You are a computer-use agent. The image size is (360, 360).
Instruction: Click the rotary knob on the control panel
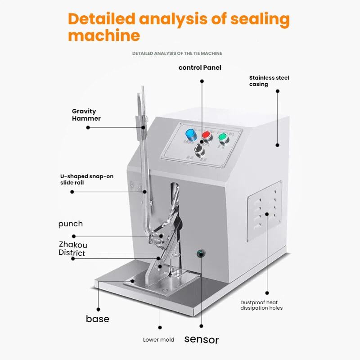click(x=198, y=148)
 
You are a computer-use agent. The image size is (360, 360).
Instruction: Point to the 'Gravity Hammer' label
click(x=86, y=115)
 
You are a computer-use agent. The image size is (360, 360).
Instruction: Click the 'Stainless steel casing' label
click(x=269, y=81)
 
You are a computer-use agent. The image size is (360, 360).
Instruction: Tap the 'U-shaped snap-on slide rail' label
click(x=87, y=180)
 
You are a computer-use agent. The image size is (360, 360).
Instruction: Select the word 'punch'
click(x=71, y=224)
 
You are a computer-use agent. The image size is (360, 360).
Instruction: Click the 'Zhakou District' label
click(x=73, y=248)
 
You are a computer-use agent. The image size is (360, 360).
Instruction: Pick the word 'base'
click(x=98, y=319)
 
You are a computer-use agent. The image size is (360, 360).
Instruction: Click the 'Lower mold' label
click(x=158, y=340)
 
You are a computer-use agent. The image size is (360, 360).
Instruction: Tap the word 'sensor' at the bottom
click(x=202, y=339)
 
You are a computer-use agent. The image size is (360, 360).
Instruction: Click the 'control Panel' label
click(x=200, y=67)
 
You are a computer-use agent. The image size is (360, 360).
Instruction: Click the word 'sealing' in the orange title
click(x=260, y=19)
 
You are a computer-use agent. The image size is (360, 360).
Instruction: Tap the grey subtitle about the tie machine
click(x=177, y=53)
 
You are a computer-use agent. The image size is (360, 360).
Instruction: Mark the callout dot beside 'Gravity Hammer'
click(x=88, y=127)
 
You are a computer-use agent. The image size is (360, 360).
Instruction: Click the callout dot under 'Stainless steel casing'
click(x=278, y=91)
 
